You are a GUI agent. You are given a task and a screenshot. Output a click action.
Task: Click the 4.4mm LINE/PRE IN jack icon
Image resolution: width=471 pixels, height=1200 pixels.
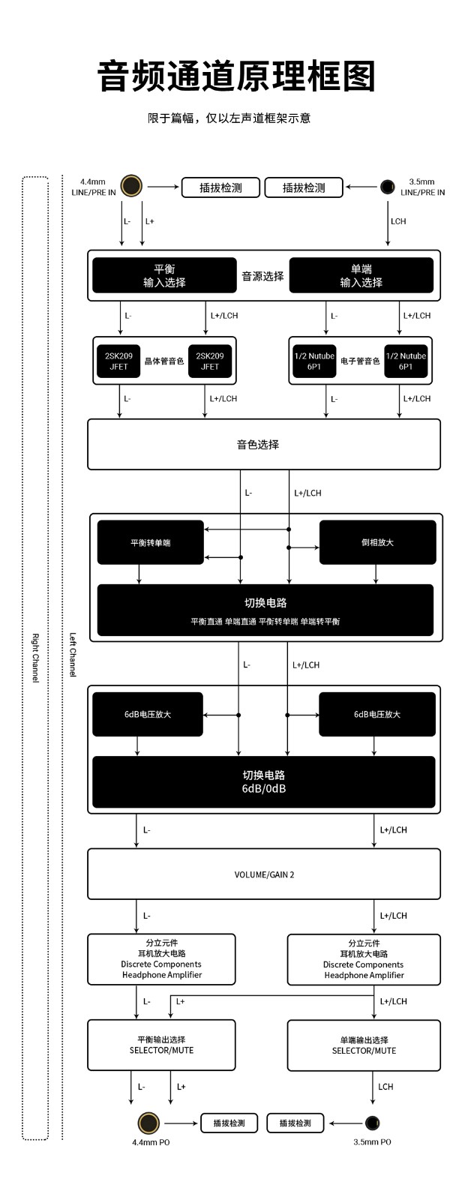(x=131, y=186)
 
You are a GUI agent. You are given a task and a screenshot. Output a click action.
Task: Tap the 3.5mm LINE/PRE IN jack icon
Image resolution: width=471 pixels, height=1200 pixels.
(x=388, y=187)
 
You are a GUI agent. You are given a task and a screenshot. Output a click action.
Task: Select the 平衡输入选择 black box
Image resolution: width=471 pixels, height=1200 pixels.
(x=164, y=275)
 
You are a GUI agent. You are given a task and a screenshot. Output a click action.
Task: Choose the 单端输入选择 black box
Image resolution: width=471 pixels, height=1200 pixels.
(x=361, y=275)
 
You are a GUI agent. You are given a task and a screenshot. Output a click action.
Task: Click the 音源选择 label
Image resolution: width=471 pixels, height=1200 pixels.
(x=262, y=277)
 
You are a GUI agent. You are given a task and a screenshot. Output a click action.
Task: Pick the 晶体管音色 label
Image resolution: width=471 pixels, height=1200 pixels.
(x=164, y=361)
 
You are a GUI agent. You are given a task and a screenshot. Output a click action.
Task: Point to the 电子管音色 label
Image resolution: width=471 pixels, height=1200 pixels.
(x=360, y=361)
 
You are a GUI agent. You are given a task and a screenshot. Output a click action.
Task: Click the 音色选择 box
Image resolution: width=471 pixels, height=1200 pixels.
(x=264, y=445)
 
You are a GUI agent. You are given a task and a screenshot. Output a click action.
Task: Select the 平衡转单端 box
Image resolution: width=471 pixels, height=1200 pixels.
(x=151, y=542)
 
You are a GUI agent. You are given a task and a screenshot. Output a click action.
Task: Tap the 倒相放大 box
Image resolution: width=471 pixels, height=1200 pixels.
(x=378, y=542)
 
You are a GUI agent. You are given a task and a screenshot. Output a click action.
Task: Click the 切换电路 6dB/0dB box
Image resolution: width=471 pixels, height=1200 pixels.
(x=264, y=781)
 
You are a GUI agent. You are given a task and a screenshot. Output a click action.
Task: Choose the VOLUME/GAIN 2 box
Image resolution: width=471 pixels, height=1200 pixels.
(x=264, y=874)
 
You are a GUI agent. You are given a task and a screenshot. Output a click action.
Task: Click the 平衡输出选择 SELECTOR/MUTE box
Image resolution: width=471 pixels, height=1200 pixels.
(x=161, y=1045)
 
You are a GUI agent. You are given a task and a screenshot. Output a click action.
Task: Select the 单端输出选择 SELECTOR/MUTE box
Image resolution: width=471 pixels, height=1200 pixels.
(x=364, y=1045)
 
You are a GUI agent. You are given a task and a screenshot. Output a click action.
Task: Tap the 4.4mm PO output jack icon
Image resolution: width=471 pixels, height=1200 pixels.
(x=148, y=1123)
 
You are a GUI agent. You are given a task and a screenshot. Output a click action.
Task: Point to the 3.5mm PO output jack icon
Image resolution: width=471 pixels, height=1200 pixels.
(x=373, y=1122)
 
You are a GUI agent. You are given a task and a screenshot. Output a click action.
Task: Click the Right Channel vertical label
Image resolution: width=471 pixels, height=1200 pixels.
(x=35, y=658)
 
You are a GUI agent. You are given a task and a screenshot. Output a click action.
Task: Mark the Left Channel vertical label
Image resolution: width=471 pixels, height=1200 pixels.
(x=73, y=655)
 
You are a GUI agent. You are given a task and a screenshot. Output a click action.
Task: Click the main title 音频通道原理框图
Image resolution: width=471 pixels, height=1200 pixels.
(x=235, y=76)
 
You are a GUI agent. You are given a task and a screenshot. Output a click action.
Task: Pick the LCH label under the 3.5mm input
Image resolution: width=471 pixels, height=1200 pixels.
(x=398, y=221)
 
